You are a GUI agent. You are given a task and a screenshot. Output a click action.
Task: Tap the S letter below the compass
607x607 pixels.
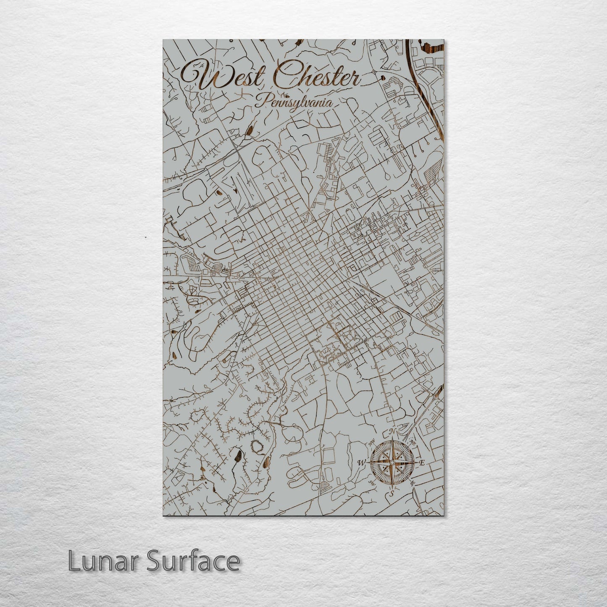point(392,493)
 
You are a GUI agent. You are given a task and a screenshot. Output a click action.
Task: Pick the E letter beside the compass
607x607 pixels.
point(423,462)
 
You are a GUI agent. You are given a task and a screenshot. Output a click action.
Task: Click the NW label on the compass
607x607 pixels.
point(371,444)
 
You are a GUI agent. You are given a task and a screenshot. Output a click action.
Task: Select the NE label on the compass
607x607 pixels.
point(412,443)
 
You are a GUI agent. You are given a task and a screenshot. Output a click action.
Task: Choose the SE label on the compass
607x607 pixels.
point(413,483)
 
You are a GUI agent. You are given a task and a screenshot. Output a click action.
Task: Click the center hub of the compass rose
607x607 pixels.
point(392,462)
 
